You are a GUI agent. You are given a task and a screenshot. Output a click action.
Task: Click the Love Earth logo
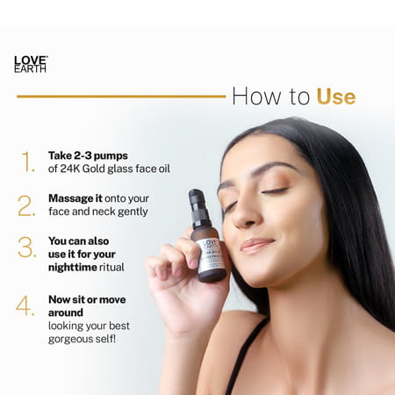31,64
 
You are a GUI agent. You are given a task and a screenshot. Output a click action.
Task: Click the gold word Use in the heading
335,96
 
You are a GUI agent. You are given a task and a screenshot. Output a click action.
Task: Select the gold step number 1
28,161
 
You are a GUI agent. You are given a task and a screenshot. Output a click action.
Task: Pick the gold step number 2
27,205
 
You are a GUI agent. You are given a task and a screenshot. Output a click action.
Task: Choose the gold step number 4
27,306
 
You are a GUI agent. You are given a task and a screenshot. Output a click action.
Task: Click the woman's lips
256,245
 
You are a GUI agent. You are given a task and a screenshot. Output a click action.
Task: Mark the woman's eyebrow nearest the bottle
229,184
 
